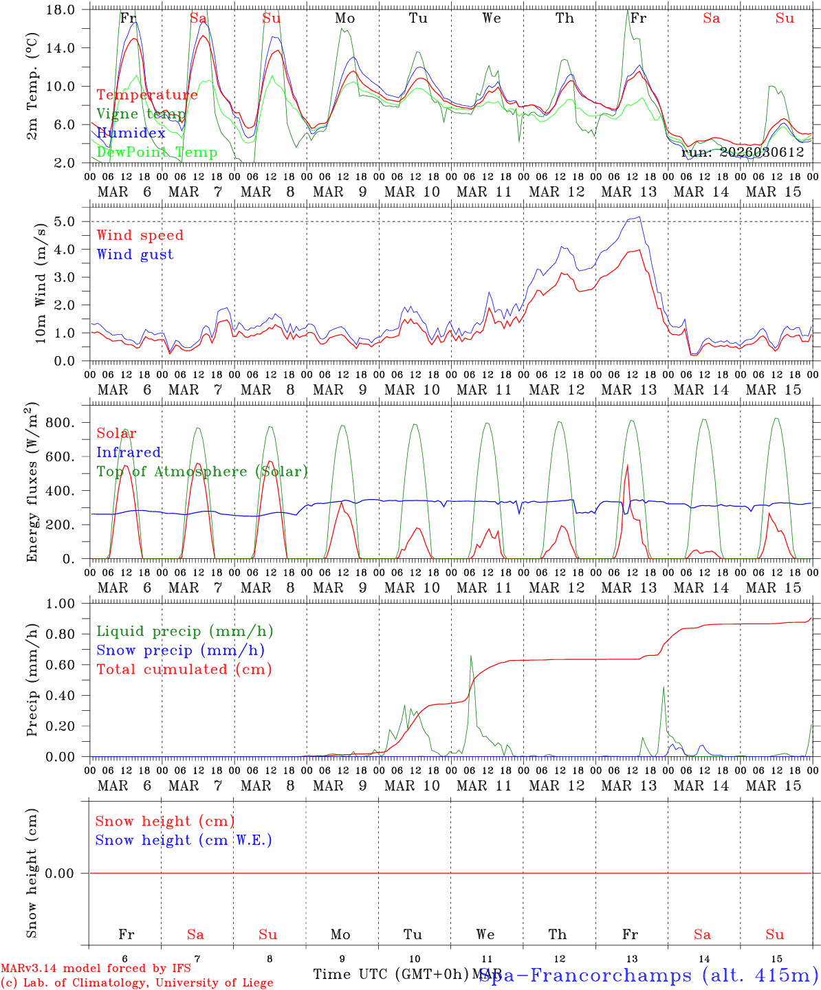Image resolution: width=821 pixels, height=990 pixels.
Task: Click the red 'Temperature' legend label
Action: [147, 95]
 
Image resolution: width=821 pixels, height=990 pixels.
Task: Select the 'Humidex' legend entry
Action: [131, 133]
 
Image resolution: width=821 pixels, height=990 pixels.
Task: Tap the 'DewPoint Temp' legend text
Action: [157, 153]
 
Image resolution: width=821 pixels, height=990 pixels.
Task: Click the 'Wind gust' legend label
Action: [135, 254]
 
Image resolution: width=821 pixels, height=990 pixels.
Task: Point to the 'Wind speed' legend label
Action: [140, 235]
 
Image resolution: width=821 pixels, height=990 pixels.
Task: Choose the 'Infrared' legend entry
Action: [129, 452]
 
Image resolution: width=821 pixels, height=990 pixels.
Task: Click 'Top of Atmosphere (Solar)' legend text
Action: [202, 472]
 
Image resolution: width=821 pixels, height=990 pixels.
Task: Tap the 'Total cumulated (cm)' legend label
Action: [184, 670]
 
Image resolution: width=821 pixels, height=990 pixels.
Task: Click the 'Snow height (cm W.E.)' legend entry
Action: [184, 840]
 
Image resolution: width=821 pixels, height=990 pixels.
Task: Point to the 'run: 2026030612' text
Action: [743, 153]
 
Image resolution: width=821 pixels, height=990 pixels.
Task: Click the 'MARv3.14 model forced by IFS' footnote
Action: [96, 969]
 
